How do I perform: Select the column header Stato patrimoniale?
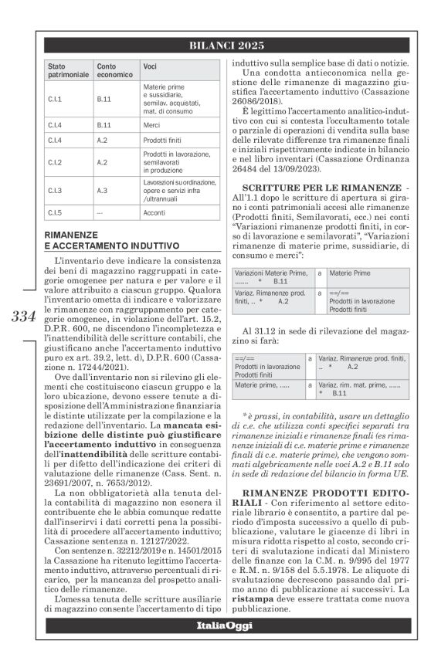pyautogui.click(x=68, y=71)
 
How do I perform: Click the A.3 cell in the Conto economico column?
pyautogui.click(x=102, y=189)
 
